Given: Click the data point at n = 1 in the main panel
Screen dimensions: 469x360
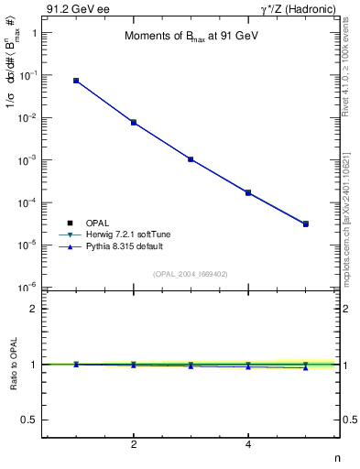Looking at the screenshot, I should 76,81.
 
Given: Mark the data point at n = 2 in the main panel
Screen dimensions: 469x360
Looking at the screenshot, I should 134,122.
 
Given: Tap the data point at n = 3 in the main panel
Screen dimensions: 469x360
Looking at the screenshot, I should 191,159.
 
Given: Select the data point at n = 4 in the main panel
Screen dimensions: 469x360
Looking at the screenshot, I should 248,192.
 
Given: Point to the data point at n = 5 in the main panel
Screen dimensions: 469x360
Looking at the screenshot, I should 306,224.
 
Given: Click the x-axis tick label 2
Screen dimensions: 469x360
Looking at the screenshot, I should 134,445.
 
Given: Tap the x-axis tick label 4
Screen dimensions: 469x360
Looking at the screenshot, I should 248,445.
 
